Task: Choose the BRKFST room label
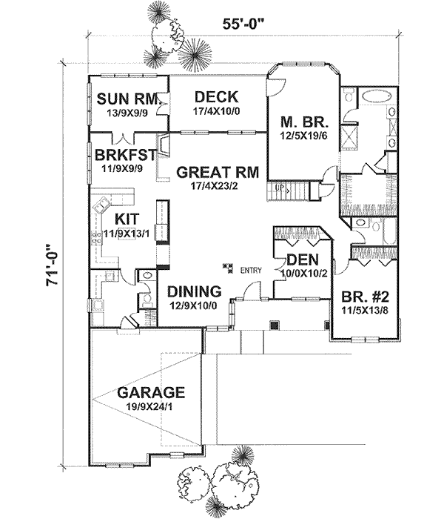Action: (x=124, y=155)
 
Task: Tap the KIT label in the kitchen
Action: (x=127, y=220)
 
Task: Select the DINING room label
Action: (x=193, y=291)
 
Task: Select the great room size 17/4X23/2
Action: (x=217, y=188)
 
